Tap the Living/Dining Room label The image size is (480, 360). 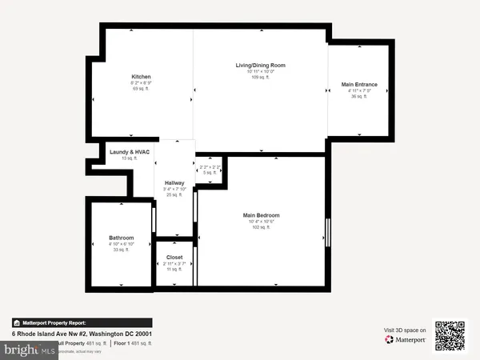click(260, 65)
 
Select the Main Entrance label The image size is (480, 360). click(359, 84)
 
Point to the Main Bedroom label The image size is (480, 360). click(261, 215)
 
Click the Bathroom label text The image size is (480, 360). click(121, 238)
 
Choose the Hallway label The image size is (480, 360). click(174, 182)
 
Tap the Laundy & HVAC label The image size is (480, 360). click(130, 152)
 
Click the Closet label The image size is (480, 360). click(174, 258)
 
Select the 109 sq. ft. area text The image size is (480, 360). click(260, 78)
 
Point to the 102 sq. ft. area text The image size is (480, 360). click(261, 228)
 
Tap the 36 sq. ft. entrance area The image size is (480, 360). click(359, 97)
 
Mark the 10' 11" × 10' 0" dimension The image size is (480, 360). click(260, 71)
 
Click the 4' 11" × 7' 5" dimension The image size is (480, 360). click(359, 90)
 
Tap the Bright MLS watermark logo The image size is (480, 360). click(27, 350)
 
